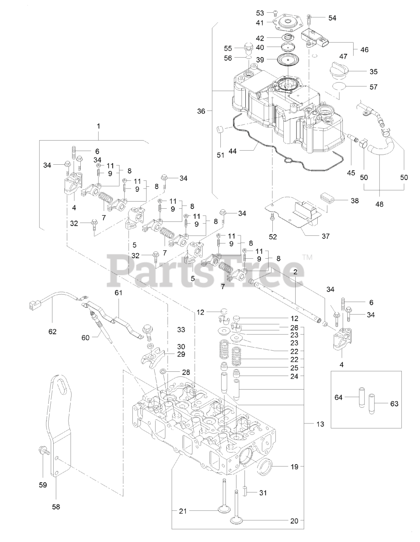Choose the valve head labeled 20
239,519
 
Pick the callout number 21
182,512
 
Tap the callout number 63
394,404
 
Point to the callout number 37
326,236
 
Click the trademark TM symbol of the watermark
307,257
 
